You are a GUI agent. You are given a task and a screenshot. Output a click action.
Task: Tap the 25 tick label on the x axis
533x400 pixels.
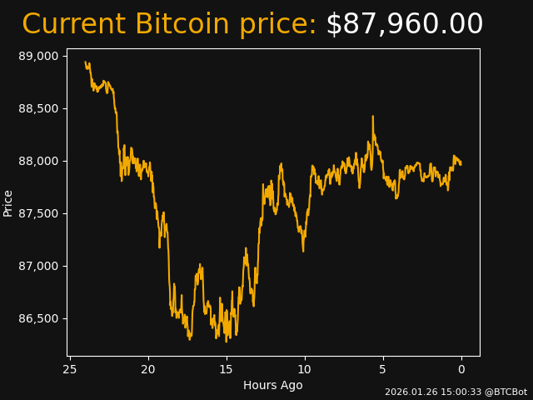(x=70, y=369)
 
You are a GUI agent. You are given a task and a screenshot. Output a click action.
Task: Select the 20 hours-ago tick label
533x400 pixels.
(x=148, y=369)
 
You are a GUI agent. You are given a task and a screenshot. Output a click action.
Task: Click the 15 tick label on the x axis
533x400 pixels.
(x=227, y=369)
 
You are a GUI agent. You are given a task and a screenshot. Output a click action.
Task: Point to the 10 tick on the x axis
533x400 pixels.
(x=305, y=369)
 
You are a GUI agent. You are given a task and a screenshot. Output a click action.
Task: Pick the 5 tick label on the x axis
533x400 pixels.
(x=383, y=369)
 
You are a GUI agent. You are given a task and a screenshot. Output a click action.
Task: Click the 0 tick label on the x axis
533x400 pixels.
(x=461, y=369)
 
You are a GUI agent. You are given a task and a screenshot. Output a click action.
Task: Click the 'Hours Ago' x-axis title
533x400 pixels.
(x=272, y=385)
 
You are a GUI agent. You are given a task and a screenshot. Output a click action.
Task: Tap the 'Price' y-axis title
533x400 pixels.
(x=8, y=202)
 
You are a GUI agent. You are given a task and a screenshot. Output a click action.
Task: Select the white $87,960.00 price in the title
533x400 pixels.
(x=404, y=24)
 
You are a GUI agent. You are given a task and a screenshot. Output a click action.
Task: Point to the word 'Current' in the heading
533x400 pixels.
(x=74, y=24)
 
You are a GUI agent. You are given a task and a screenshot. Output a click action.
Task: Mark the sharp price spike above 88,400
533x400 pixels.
(x=372, y=117)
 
